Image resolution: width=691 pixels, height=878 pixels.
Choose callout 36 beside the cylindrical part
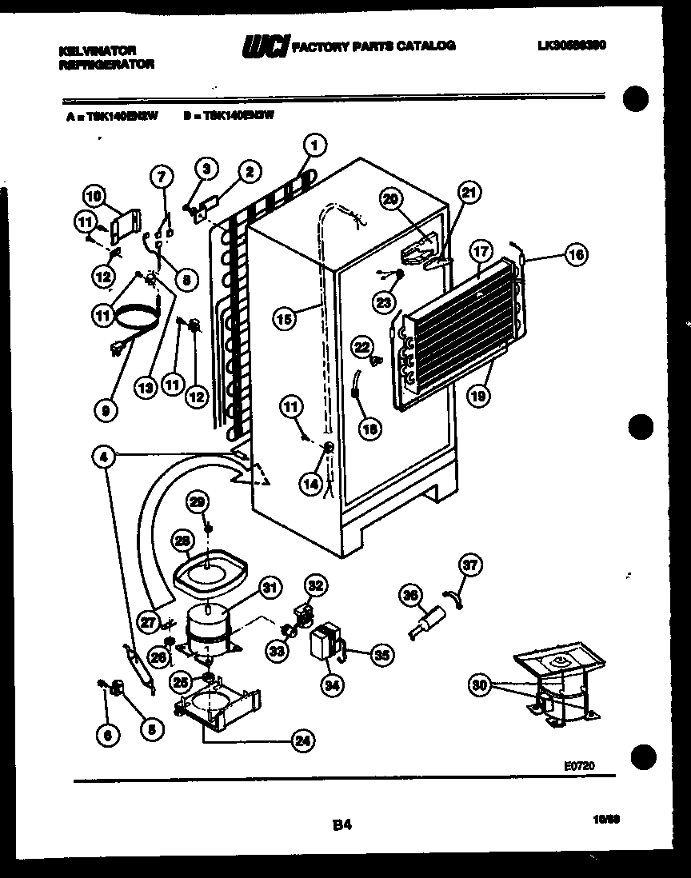[410, 594]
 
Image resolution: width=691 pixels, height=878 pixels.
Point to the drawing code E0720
[578, 765]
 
